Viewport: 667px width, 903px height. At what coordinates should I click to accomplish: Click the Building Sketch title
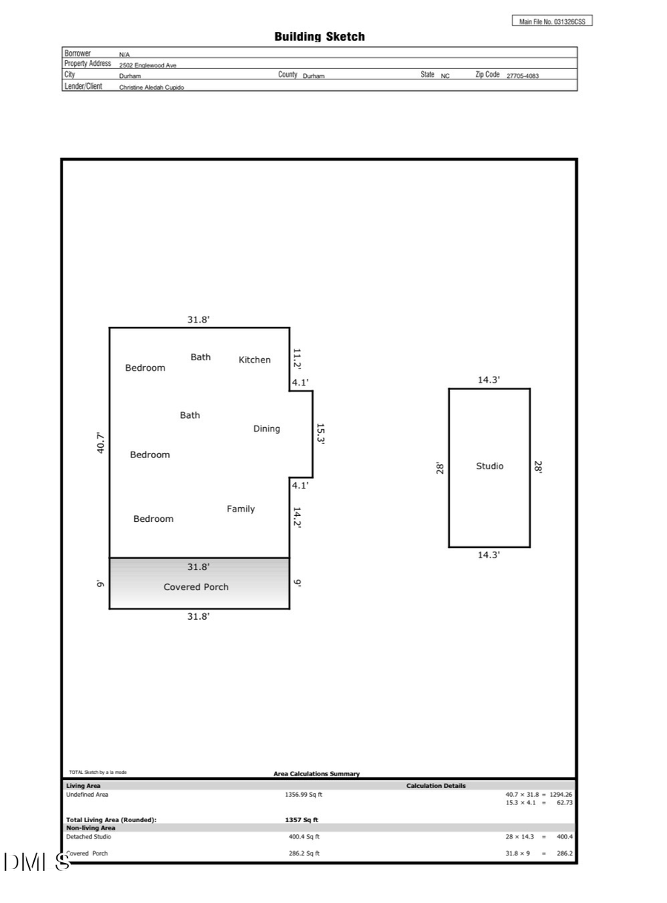[x=319, y=36]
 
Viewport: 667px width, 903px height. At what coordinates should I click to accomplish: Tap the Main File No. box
[x=552, y=21]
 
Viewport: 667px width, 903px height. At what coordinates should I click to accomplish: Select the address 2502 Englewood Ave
[x=148, y=65]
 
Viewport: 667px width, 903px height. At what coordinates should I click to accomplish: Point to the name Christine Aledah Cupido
[x=152, y=87]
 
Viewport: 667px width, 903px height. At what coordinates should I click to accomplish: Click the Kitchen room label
[x=254, y=360]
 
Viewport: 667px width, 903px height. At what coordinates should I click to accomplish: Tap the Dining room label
[x=267, y=429]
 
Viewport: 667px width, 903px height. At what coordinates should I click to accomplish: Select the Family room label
[x=241, y=509]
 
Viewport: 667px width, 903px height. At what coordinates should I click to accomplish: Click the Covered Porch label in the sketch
[x=196, y=586]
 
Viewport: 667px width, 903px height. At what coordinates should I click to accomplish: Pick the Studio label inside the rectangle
[x=489, y=466]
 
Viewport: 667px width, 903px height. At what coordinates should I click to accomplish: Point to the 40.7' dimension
[x=102, y=443]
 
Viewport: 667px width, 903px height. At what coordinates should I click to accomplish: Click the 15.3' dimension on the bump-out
[x=321, y=434]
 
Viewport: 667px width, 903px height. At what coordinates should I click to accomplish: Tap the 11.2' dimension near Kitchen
[x=296, y=359]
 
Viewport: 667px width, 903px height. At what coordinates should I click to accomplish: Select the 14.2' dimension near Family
[x=296, y=517]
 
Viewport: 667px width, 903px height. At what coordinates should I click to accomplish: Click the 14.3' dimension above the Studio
[x=488, y=380]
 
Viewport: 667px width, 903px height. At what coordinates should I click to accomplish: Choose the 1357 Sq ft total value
[x=302, y=820]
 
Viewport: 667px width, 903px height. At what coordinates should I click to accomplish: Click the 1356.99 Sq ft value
[x=304, y=794]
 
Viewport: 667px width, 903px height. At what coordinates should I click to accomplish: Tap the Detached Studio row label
[x=89, y=836]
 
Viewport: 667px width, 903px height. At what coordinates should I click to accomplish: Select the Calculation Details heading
[x=436, y=786]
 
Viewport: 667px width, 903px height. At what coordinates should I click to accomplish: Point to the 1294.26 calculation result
[x=560, y=794]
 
